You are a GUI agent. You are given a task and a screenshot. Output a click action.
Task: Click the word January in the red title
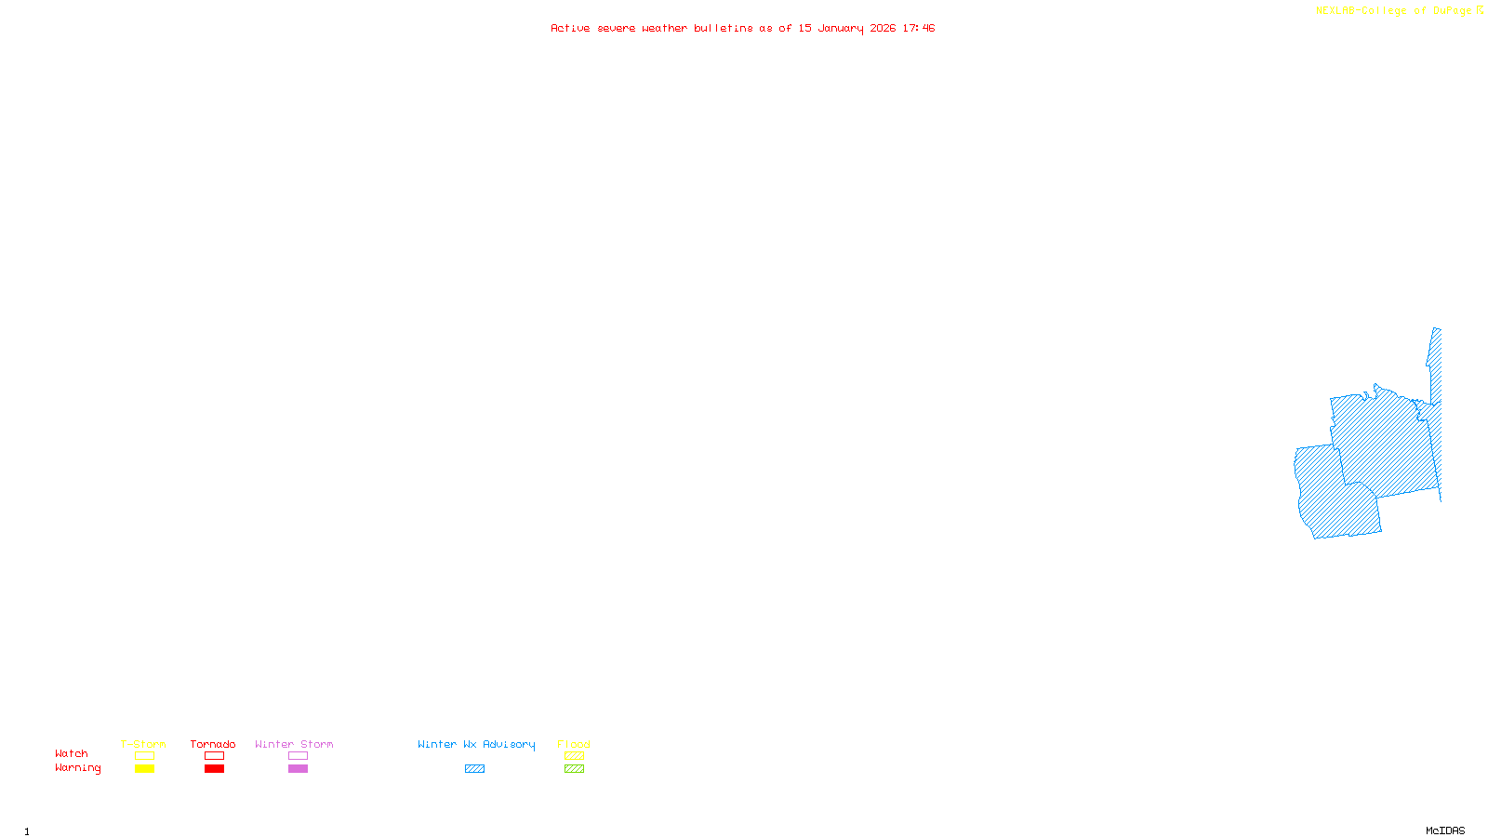coord(840,28)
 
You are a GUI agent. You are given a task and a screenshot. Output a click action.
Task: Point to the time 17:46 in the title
coord(919,28)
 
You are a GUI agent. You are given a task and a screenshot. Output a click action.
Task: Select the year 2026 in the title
coord(883,28)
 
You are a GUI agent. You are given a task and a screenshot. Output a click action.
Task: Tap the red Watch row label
coord(72,753)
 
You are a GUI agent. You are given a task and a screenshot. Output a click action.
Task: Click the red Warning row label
coord(77,768)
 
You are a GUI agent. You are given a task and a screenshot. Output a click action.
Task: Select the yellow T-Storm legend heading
coord(143,744)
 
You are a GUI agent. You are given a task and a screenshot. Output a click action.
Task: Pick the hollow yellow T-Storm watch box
coord(144,756)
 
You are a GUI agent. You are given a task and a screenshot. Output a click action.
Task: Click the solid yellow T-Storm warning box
coord(144,769)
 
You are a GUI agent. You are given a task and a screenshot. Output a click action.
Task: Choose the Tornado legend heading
coord(213,744)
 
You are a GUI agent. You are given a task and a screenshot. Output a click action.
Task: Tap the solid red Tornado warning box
coord(214,769)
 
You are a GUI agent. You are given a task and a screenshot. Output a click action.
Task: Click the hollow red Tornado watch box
coord(214,756)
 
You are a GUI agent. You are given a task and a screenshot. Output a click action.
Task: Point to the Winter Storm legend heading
coord(294,744)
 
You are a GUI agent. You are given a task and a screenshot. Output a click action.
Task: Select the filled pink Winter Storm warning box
coord(298,769)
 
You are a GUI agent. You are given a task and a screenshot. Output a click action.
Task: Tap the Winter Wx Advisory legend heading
coord(476,744)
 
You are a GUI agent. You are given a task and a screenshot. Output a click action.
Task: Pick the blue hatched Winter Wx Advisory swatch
coord(474,769)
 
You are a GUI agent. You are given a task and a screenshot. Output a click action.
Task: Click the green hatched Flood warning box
coord(574,769)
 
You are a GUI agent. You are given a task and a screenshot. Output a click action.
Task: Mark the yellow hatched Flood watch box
coord(574,756)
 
